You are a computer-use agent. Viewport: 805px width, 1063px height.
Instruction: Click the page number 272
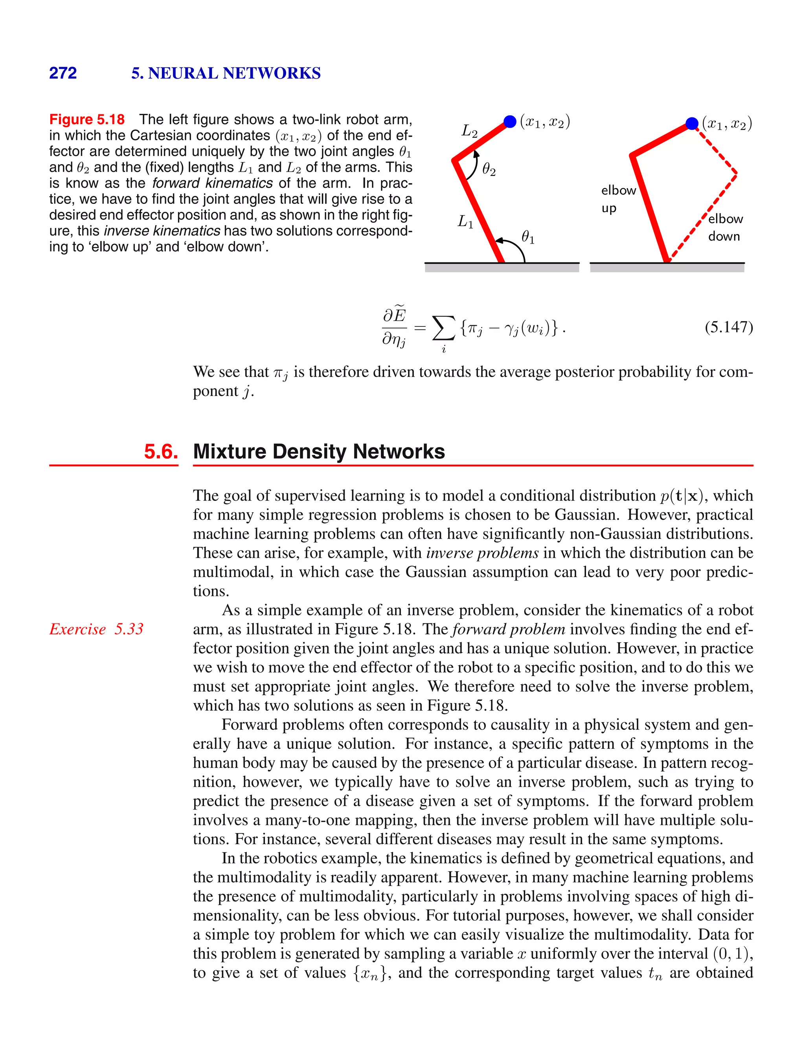point(63,73)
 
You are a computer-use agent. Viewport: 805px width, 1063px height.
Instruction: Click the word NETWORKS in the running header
point(271,73)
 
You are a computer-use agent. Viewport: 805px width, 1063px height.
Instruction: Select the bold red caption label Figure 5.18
point(87,119)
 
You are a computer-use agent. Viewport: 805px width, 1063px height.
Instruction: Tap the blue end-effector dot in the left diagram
point(510,122)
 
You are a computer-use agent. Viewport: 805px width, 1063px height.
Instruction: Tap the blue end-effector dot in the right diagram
point(691,123)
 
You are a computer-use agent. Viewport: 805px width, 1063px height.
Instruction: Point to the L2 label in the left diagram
point(469,131)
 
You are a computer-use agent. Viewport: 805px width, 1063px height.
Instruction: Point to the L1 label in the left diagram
point(465,222)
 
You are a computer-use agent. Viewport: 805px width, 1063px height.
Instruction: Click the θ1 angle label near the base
point(527,237)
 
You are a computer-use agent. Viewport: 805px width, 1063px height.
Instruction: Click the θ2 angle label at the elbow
point(489,169)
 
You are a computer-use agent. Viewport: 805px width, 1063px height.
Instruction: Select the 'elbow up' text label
point(618,199)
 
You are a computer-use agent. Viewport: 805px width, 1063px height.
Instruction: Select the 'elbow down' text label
point(725,227)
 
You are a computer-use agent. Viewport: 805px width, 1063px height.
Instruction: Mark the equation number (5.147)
point(728,327)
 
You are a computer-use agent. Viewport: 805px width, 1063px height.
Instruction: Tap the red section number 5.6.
point(161,452)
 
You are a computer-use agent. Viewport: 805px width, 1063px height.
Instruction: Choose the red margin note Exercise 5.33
point(96,629)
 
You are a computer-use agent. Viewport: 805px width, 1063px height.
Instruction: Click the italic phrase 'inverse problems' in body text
point(482,553)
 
